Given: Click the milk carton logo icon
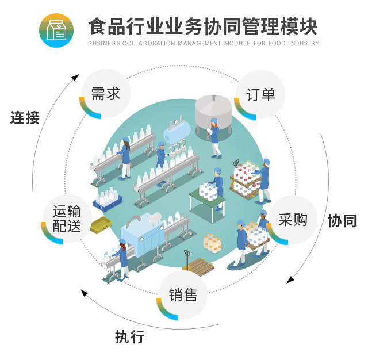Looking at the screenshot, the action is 56,30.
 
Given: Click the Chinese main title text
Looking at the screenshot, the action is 203,26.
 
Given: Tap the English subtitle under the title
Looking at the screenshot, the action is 204,43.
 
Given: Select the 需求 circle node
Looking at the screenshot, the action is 105,94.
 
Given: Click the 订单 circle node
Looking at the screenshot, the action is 260,94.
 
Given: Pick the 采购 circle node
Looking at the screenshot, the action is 293,220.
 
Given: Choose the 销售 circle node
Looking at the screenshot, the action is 183,295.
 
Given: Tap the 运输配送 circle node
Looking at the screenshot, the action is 67,219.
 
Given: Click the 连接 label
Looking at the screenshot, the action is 25,117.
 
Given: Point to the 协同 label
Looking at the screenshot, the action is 342,221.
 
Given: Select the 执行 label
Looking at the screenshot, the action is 129,336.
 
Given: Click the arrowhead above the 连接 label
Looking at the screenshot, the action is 75,77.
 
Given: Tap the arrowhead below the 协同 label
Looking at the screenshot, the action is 290,279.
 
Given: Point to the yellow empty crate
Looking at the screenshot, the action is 101,225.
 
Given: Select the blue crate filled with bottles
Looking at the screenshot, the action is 108,200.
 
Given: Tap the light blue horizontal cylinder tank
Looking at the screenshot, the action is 177,132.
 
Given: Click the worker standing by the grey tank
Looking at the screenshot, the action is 214,138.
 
